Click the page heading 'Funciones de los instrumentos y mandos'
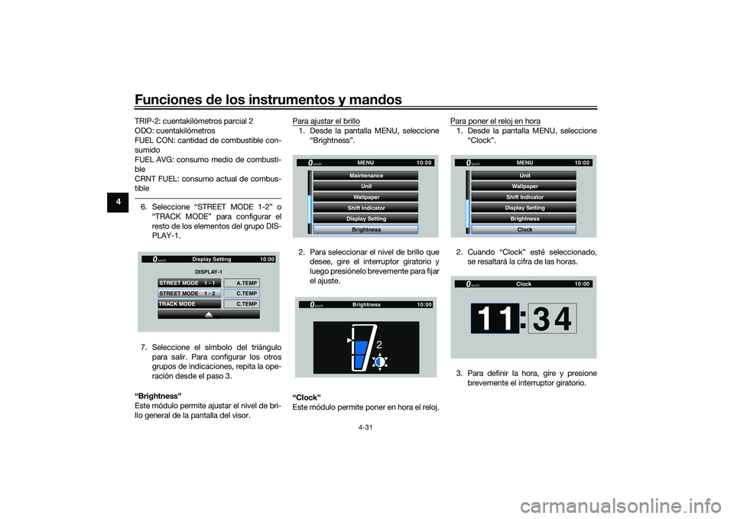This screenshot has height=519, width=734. coord(268,99)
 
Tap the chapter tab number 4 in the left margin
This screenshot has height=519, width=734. coord(118,202)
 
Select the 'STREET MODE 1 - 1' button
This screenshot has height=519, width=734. coord(189,283)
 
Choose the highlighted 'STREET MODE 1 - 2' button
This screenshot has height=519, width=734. coord(189,294)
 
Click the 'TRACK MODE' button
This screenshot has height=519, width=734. coord(189,303)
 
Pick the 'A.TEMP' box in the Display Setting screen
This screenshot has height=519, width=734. coord(242,283)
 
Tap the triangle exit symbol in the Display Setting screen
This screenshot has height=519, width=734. coord(209,314)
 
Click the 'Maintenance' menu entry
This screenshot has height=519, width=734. coord(366,176)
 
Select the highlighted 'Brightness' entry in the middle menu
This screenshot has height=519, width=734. coord(366,229)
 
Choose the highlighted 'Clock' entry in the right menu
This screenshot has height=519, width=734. coord(525,229)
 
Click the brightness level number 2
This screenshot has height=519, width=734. coord(378,345)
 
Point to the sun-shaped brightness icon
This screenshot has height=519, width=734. coord(380,362)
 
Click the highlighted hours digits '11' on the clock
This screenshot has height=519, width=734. coord(495,318)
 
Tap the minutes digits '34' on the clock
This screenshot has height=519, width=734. coord(552,318)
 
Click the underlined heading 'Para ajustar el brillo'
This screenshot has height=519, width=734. coord(326,122)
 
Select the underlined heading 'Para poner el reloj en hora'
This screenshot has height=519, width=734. coord(495,122)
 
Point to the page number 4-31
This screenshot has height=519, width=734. coord(365,427)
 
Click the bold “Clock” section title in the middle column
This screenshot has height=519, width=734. coord(307,397)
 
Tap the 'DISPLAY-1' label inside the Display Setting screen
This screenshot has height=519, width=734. coord(208,272)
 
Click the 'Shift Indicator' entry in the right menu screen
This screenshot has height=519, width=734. coord(525,197)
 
